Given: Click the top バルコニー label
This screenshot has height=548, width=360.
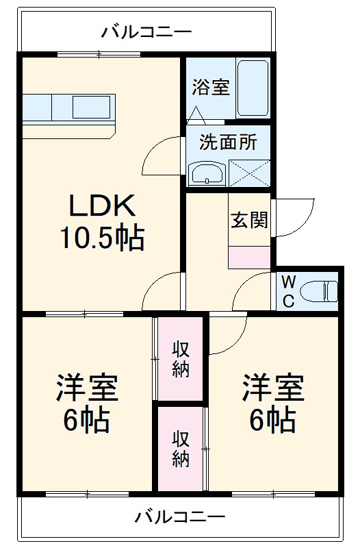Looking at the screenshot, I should [146, 31].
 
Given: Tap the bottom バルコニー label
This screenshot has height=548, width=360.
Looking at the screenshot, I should [179, 516].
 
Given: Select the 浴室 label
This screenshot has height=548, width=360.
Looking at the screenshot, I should [210, 88].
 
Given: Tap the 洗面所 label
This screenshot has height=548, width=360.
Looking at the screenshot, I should [228, 142].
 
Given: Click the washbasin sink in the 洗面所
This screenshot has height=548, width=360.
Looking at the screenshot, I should [205, 173].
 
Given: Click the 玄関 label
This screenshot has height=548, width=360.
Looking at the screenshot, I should [248, 221].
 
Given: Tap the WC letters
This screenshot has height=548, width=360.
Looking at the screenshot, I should [288, 290].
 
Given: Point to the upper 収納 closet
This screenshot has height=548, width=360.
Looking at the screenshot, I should [180, 358].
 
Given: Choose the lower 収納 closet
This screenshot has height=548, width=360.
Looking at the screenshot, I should [180, 448].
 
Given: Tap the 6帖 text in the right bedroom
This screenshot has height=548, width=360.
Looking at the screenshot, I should [272, 420].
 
